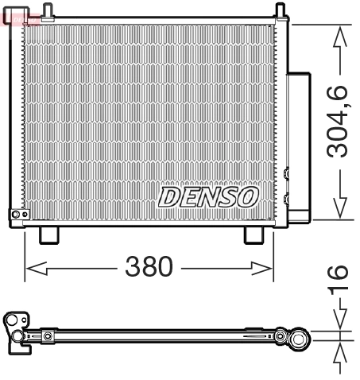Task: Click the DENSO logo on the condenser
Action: point(208,196)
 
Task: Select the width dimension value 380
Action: point(149,267)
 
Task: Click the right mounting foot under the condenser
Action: point(254,235)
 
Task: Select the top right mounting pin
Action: point(280,10)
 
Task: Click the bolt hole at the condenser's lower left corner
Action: point(15,214)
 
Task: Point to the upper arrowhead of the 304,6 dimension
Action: point(340,33)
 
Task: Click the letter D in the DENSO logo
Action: point(170,196)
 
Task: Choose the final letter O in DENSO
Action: point(247,196)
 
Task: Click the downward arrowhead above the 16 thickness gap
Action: point(340,324)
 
